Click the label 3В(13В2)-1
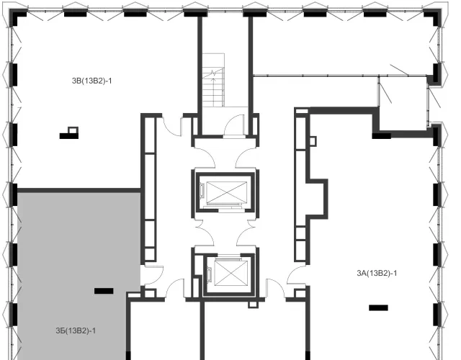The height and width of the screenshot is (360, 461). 92,81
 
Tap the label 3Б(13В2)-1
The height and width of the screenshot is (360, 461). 76,331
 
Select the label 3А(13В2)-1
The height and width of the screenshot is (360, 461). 377,274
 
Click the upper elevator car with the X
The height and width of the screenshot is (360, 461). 226,192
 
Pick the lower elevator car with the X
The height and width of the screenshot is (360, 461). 230,273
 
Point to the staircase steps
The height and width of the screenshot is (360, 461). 213,80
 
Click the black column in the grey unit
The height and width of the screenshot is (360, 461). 104,291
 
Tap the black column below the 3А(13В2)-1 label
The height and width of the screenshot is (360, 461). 378,307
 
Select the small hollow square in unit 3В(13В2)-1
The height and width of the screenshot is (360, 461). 73,130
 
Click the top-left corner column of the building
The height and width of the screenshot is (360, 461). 17,17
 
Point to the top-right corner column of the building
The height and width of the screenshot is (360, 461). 434,17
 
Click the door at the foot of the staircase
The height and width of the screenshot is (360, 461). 234,126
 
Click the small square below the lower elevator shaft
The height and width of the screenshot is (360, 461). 253,304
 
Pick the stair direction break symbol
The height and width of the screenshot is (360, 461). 213,73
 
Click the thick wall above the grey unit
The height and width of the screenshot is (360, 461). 79,190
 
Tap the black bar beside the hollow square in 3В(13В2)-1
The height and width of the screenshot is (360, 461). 69,136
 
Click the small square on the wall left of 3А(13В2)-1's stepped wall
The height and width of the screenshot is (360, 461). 313,141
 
